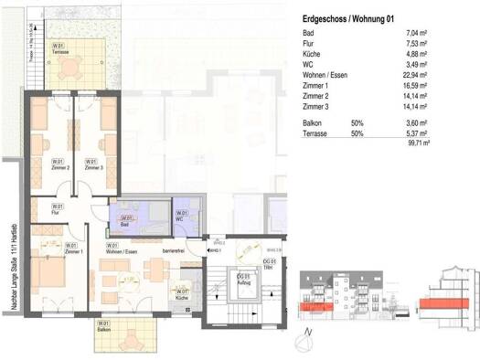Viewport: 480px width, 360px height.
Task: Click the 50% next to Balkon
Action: (357, 122)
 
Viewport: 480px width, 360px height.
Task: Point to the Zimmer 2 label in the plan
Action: (61, 167)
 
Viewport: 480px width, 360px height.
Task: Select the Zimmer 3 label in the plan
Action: (91, 167)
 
